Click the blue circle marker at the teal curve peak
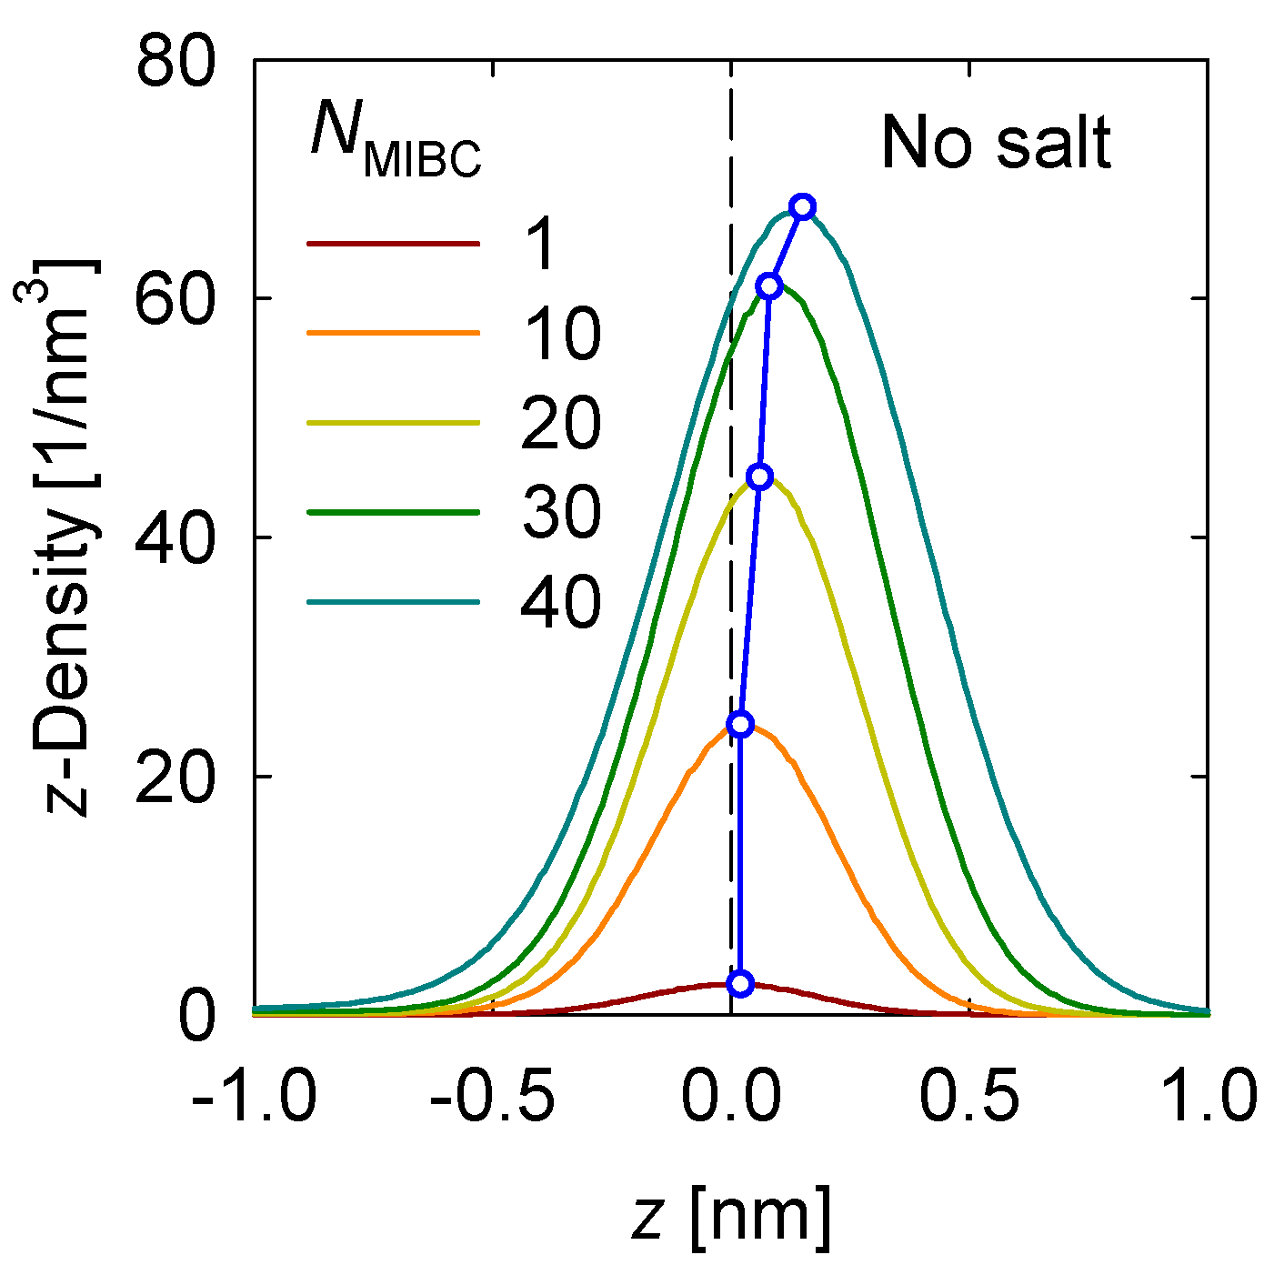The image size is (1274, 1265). click(801, 206)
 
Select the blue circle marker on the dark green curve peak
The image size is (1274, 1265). click(769, 286)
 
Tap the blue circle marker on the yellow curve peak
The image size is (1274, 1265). click(760, 477)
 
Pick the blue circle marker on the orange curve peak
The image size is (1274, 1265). click(741, 724)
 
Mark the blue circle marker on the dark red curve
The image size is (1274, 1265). click(741, 983)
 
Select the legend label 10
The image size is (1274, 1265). click(560, 334)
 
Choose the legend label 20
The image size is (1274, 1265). click(560, 423)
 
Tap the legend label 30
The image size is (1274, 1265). click(560, 512)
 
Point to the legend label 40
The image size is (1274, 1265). click(560, 602)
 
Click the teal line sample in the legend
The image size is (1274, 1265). click(393, 602)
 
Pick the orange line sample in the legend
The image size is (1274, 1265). click(393, 334)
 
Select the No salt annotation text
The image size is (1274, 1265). click(996, 144)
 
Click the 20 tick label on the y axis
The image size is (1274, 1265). click(175, 777)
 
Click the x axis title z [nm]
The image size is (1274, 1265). click(731, 1216)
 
